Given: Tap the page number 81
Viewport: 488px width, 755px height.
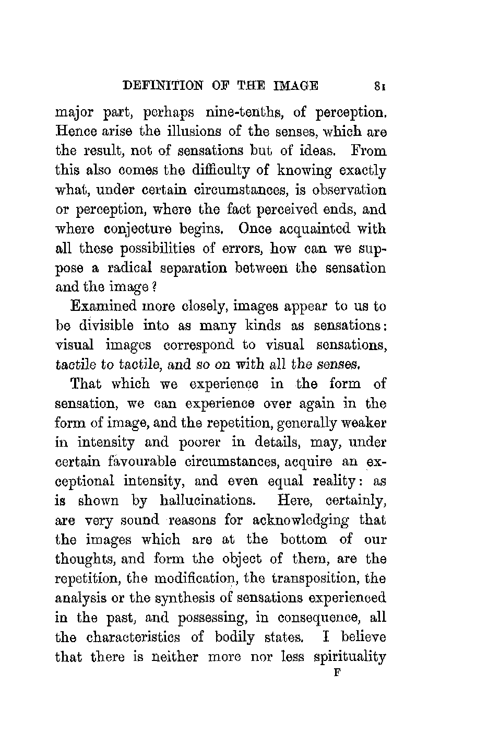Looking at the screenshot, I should (380, 86).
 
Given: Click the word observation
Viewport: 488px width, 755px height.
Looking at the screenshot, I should (347, 190).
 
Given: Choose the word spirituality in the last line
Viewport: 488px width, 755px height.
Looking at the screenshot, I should (350, 657).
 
